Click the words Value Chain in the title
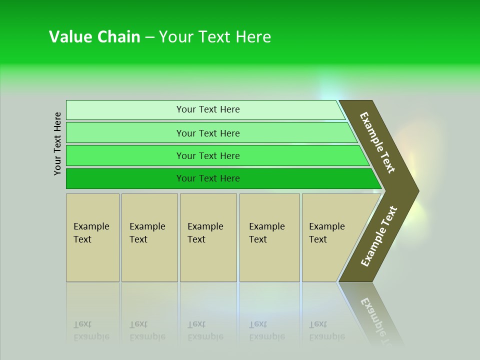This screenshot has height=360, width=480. [94, 37]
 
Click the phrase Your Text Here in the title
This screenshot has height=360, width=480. [215, 37]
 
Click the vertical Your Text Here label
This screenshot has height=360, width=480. [58, 143]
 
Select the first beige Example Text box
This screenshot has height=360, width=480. [92, 237]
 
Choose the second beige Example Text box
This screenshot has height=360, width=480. [149, 237]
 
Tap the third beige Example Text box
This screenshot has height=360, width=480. [208, 237]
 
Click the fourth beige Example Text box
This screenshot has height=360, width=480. [269, 237]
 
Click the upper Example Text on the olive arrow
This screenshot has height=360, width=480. [377, 142]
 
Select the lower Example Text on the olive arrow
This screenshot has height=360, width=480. [378, 236]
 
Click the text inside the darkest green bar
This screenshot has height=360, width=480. [208, 178]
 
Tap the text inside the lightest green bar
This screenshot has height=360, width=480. [208, 109]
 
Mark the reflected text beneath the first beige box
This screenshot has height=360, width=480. [91, 330]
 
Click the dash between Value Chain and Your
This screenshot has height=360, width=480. [149, 37]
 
